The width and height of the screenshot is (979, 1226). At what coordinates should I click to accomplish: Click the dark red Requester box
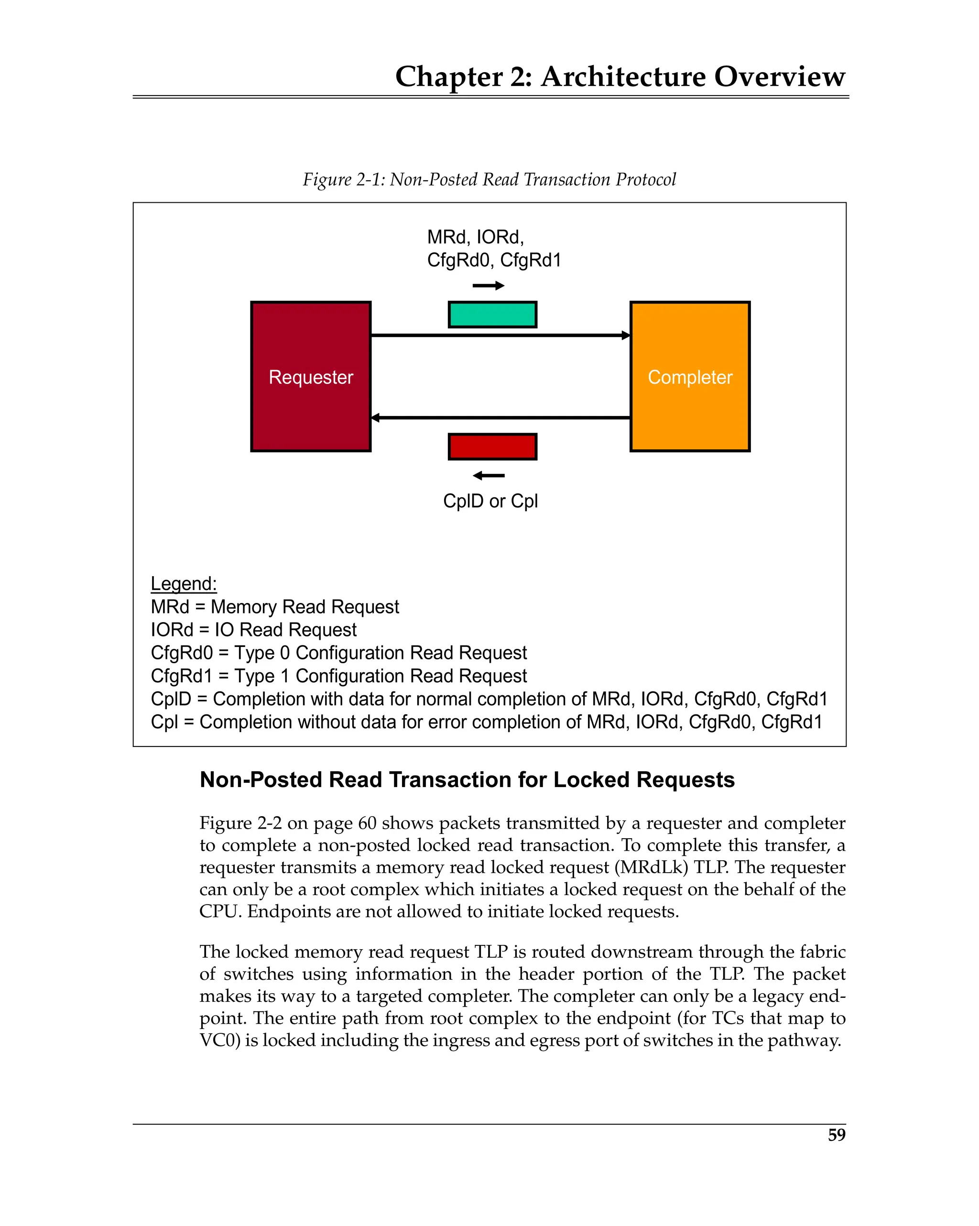coord(310,376)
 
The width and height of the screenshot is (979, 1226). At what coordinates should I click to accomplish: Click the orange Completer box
coord(690,376)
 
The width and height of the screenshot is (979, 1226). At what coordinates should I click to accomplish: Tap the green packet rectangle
coord(492,315)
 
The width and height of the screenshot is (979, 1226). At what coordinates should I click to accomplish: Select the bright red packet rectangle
coord(492,447)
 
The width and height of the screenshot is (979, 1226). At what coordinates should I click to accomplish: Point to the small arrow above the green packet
coord(489,285)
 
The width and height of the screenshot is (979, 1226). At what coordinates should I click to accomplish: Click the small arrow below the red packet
coord(489,475)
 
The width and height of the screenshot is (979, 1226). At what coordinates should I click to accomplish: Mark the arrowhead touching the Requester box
coord(375,418)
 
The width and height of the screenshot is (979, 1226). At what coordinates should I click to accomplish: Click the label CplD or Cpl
coord(490,501)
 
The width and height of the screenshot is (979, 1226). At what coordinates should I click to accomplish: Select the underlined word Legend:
coord(184,583)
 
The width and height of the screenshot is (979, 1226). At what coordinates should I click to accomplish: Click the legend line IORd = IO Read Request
coord(253,629)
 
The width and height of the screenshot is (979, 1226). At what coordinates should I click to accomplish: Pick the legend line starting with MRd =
coord(274,607)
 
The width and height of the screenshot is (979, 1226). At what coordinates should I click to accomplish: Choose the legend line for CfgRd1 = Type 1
coord(339,676)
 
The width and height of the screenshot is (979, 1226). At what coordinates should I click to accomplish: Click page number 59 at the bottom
coord(836,1135)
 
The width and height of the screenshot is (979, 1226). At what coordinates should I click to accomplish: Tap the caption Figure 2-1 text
coord(489,179)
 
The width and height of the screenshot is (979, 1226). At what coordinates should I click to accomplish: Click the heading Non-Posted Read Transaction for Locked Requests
coord(467,779)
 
